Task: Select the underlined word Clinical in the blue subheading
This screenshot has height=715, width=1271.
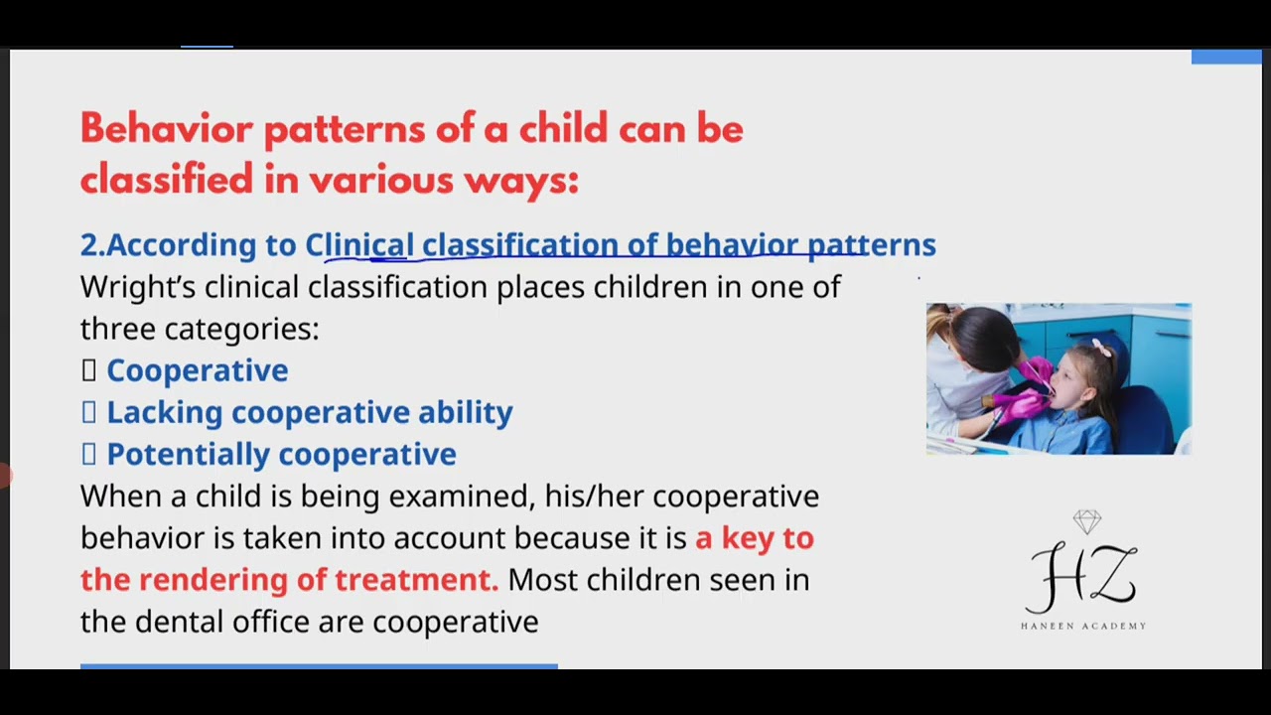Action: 359,244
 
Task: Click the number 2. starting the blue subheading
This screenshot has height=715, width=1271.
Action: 92,244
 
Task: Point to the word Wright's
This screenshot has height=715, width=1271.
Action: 138,287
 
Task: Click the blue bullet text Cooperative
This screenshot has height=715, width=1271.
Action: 197,370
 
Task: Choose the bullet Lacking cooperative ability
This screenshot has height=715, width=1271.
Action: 309,412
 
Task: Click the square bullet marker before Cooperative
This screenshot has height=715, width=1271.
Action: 88,370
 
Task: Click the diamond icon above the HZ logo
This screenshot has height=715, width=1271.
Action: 1087,521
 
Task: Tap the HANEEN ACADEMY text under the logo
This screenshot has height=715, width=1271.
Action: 1083,626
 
